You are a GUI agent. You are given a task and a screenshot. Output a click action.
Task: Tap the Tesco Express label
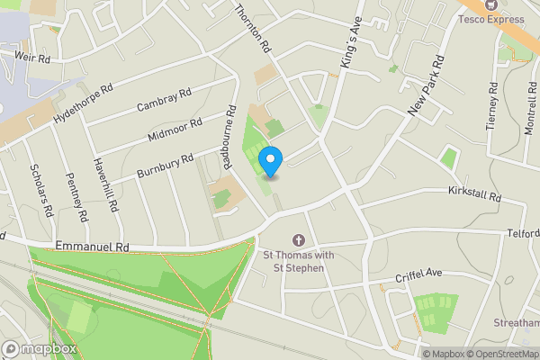(491, 18)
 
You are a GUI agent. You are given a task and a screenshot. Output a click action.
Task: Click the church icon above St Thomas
(298, 240)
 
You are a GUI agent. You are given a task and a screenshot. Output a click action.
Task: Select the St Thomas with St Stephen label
(298, 260)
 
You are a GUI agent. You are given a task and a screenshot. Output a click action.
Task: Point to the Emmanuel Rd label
(93, 246)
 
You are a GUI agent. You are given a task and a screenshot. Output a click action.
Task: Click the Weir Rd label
(31, 55)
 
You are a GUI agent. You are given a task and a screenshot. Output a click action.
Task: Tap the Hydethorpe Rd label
(83, 104)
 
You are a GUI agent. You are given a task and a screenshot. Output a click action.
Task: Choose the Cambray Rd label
(164, 100)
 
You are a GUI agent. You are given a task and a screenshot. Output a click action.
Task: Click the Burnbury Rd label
(165, 166)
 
